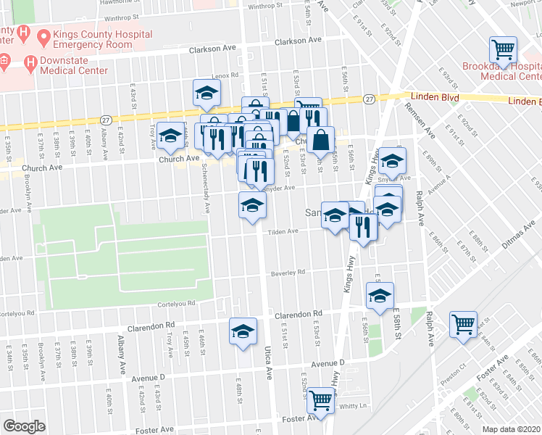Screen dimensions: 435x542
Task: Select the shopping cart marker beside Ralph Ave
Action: [x=463, y=325]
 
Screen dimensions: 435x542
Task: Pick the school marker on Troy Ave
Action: [x=171, y=136]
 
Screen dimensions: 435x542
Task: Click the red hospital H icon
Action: [x=23, y=34]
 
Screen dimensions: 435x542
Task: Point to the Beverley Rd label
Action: [x=288, y=273]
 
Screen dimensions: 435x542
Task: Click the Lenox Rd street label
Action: [x=225, y=76]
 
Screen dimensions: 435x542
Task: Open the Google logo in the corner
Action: [x=24, y=426]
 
